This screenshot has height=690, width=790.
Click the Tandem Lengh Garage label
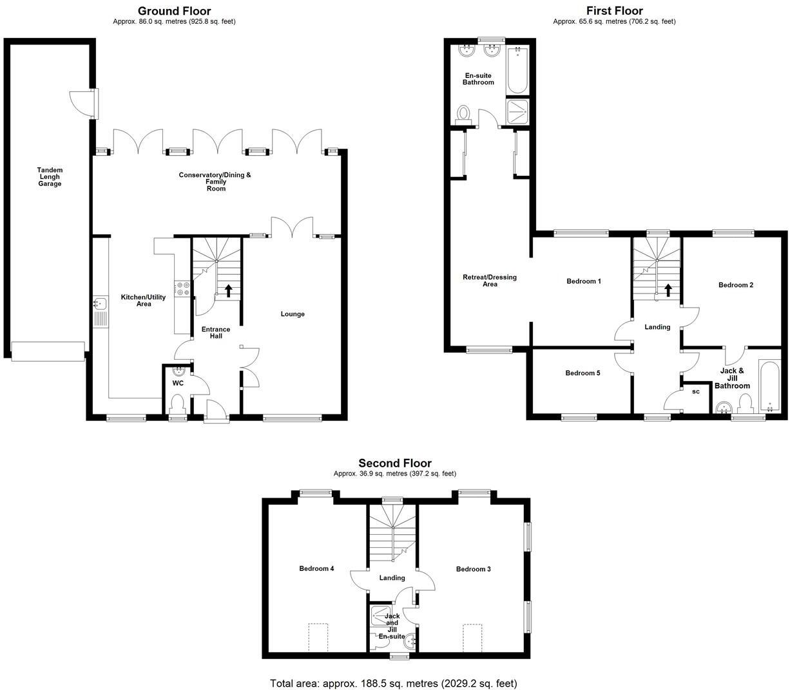tap(50, 177)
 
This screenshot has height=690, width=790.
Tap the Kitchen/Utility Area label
tap(144, 300)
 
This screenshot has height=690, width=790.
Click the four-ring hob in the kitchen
tap(182, 289)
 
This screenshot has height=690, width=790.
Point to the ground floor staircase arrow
tap(228, 290)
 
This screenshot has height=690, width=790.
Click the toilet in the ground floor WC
tap(177, 404)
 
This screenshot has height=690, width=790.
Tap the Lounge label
tap(293, 314)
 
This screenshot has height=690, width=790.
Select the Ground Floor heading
tap(175, 11)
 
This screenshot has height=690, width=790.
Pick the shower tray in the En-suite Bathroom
tap(517, 110)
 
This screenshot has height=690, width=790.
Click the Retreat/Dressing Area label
tap(490, 281)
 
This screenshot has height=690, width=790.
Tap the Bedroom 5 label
tap(583, 373)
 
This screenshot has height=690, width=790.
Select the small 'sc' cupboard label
tap(696, 391)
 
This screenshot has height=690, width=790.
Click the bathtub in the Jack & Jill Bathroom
tap(769, 386)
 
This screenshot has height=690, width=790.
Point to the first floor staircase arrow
tap(668, 290)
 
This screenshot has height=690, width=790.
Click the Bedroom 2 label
tap(736, 285)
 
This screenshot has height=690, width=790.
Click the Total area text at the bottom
tap(393, 683)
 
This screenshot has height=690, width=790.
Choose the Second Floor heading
tap(395, 463)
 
